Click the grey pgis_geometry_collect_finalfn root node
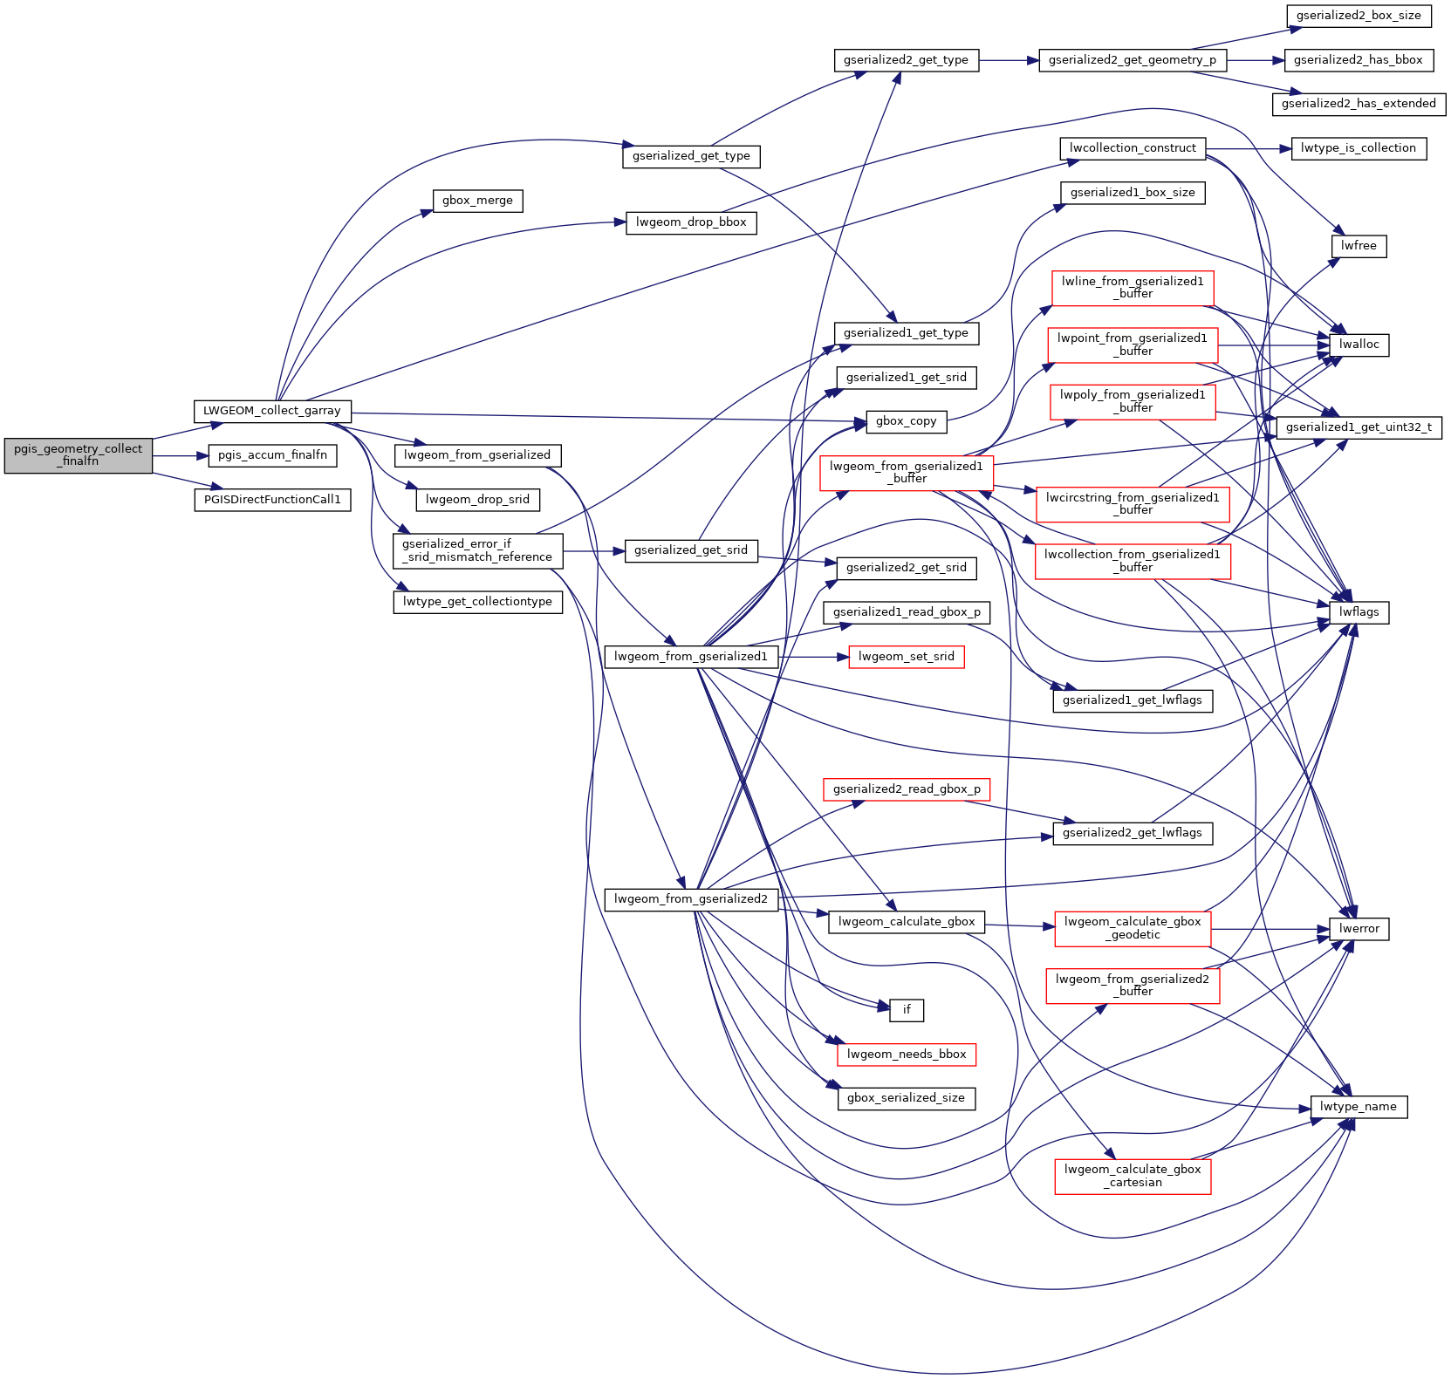78,455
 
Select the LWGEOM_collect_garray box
271,411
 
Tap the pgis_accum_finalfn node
272,455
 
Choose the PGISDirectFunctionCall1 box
272,500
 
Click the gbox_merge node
477,201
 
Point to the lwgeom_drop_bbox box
691,222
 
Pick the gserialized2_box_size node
1358,16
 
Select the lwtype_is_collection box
1358,148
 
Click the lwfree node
1359,246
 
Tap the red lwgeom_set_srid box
906,657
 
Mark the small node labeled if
907,1010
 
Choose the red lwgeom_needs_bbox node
906,1055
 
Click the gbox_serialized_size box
906,1098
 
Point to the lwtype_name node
1358,1107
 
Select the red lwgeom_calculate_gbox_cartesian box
1133,1176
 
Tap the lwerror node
1359,929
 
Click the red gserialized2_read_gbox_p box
906,789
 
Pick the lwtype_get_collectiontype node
477,602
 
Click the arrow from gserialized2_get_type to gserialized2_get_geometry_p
1009,60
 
